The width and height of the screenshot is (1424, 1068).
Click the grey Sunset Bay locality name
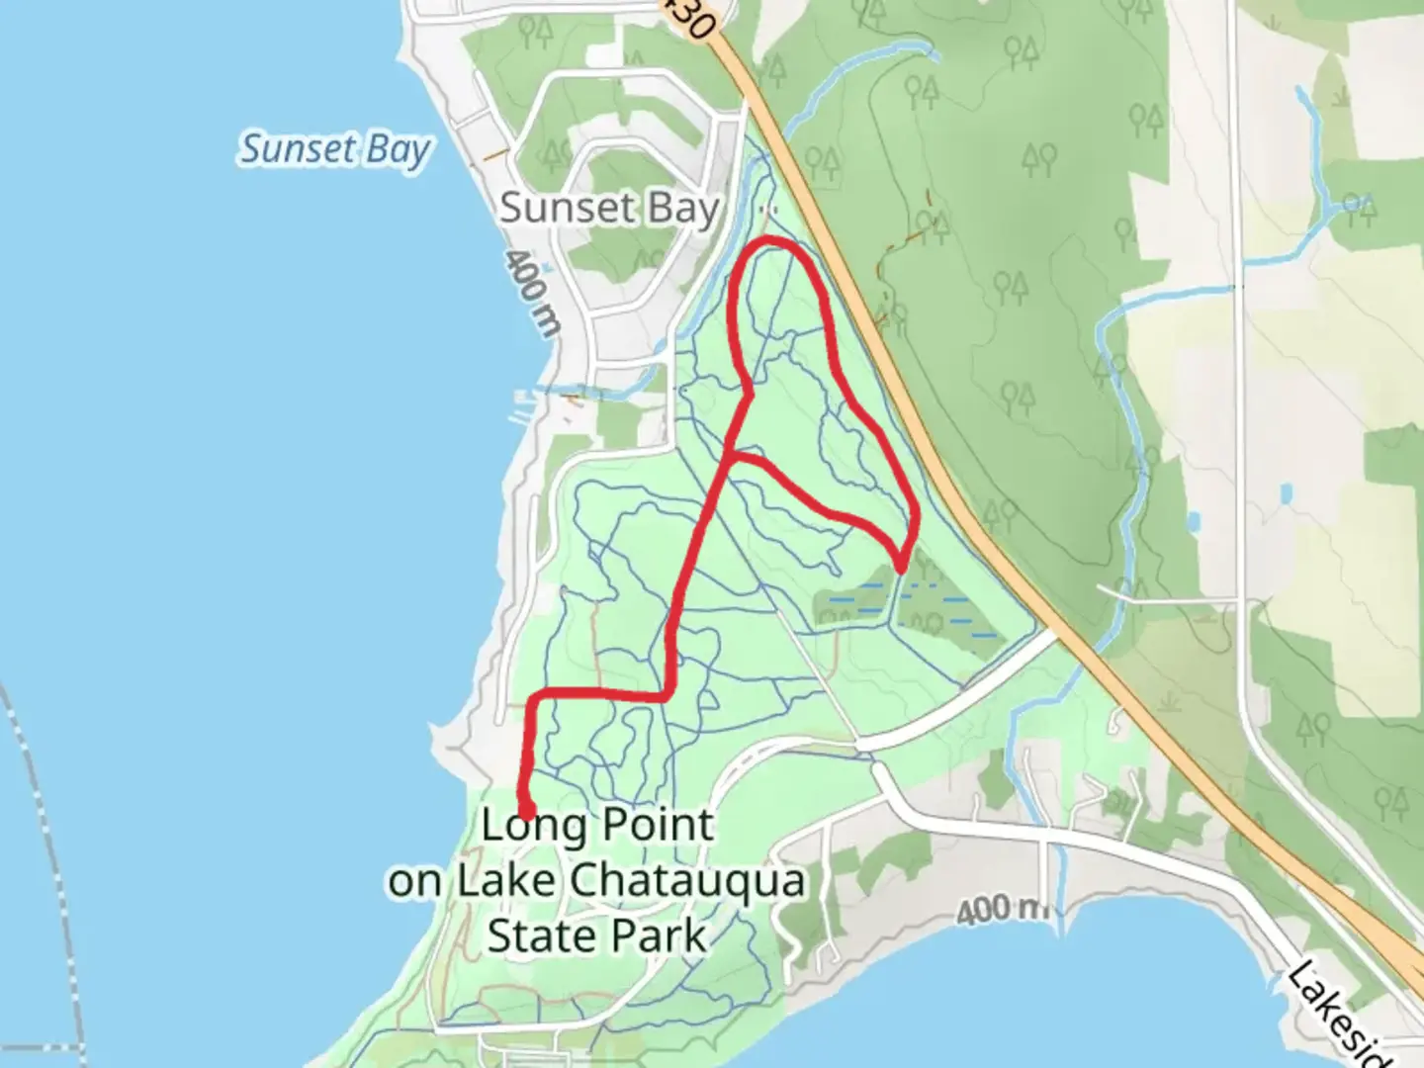coord(608,209)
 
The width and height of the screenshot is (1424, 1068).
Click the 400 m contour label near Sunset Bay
coord(530,294)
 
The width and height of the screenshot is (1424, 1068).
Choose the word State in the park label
coord(543,935)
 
